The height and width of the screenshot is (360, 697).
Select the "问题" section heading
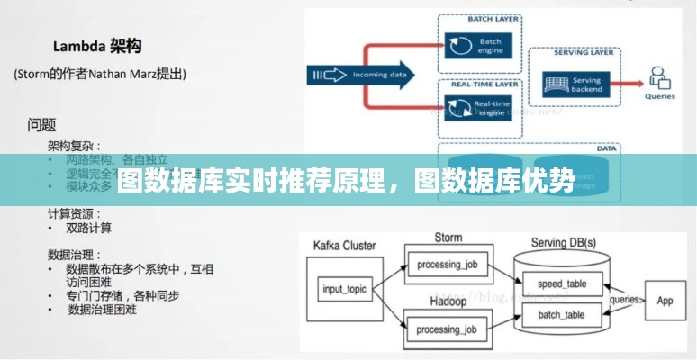(42, 124)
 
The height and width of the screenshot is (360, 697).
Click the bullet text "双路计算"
(89, 229)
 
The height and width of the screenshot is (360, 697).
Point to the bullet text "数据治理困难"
(103, 310)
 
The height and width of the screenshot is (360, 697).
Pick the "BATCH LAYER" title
(491, 18)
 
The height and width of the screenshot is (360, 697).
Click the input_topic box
(344, 289)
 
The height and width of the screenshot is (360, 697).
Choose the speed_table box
(561, 284)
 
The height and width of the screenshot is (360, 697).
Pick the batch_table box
(561, 314)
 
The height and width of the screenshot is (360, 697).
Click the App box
(665, 300)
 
